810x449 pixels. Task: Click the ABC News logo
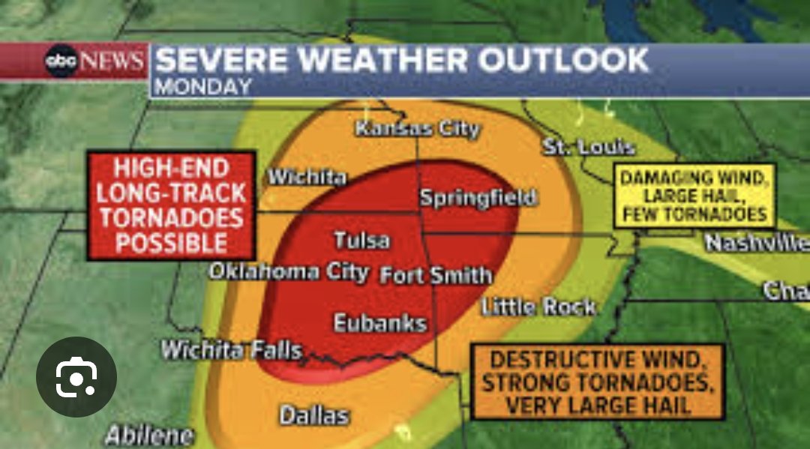[94, 60]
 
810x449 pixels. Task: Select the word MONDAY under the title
[202, 86]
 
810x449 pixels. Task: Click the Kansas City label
[417, 129]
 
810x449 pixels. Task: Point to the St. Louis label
[589, 147]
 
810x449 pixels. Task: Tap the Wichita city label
[307, 178]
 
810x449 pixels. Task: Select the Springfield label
[478, 198]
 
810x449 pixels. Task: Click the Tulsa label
[361, 241]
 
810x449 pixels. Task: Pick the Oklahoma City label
[288, 271]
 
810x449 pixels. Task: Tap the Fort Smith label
[436, 275]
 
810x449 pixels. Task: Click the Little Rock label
[538, 307]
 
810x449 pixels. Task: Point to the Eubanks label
[380, 324]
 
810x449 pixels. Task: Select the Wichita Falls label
[232, 350]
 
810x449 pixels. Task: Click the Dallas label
[314, 415]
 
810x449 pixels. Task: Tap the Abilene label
[149, 435]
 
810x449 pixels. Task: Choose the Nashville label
[756, 243]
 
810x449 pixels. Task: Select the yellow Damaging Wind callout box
[695, 196]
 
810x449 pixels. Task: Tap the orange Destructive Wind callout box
[597, 382]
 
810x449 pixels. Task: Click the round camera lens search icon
[76, 377]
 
